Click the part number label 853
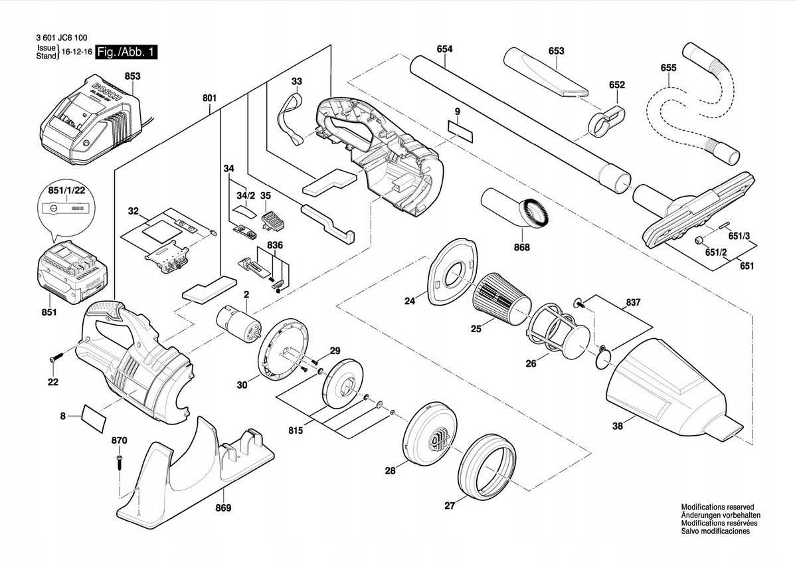point(132,76)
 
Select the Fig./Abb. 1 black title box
point(127,52)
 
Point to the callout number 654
point(444,49)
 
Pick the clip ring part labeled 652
point(607,122)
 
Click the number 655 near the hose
point(668,68)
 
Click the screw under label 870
point(120,462)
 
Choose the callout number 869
point(223,508)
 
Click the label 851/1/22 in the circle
point(66,191)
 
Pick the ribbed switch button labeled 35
point(273,221)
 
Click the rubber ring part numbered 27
point(487,466)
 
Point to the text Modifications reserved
point(717,507)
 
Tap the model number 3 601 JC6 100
point(62,38)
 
